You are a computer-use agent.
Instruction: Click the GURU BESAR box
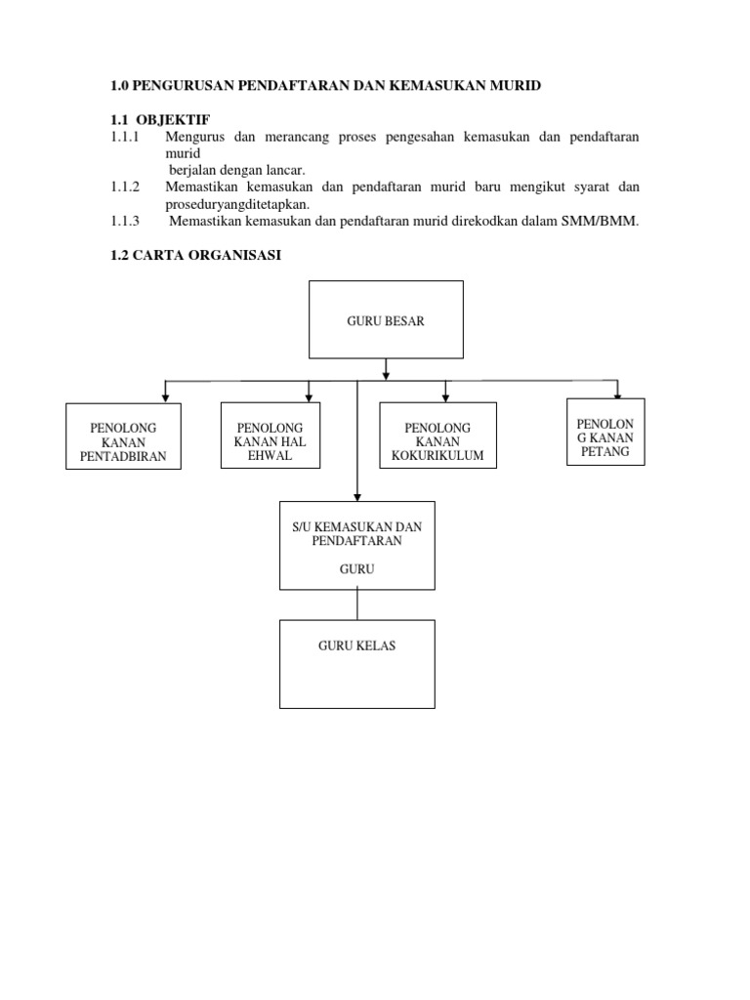[x=386, y=319]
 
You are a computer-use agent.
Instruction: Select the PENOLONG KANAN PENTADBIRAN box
[x=123, y=437]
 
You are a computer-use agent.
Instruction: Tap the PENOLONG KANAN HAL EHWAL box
[x=271, y=435]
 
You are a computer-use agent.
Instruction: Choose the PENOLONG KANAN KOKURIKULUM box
[x=437, y=435]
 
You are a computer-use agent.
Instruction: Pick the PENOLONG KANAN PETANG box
[x=605, y=432]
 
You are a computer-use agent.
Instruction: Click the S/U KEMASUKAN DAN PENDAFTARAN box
[x=357, y=545]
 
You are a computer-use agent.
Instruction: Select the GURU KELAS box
[x=357, y=664]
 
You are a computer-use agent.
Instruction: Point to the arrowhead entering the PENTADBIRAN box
[x=165, y=398]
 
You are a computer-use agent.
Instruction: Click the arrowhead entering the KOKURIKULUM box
[x=445, y=397]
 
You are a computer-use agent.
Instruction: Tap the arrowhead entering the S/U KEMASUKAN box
[x=357, y=497]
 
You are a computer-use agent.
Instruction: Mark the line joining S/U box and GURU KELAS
[x=357, y=604]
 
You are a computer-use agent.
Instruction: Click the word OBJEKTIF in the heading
[x=173, y=120]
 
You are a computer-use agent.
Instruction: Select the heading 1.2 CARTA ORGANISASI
[x=195, y=255]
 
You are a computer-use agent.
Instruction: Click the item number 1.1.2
[x=125, y=187]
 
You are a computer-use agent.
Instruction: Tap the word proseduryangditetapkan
[x=237, y=205]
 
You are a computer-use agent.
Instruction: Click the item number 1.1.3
[x=125, y=222]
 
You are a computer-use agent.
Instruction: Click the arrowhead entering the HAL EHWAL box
[x=309, y=397]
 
